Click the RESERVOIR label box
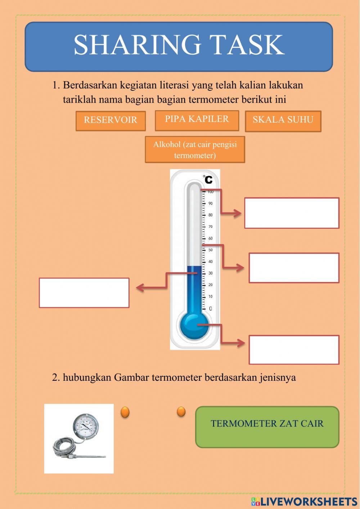(x=111, y=121)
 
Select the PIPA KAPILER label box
(x=197, y=120)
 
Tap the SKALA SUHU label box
(x=283, y=121)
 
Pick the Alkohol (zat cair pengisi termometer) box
(x=195, y=149)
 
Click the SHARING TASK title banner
(x=179, y=46)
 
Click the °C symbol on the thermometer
(x=207, y=179)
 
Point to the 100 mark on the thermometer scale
(x=210, y=192)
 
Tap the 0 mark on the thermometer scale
(x=210, y=309)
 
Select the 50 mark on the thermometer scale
(x=210, y=250)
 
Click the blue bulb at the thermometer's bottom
(x=194, y=325)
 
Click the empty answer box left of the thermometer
(x=84, y=293)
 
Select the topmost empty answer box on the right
(x=292, y=213)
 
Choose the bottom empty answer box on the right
(x=294, y=350)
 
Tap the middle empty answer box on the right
(x=294, y=268)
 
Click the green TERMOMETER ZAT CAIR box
(x=267, y=427)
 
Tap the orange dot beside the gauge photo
(x=125, y=412)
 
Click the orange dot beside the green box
(x=181, y=411)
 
